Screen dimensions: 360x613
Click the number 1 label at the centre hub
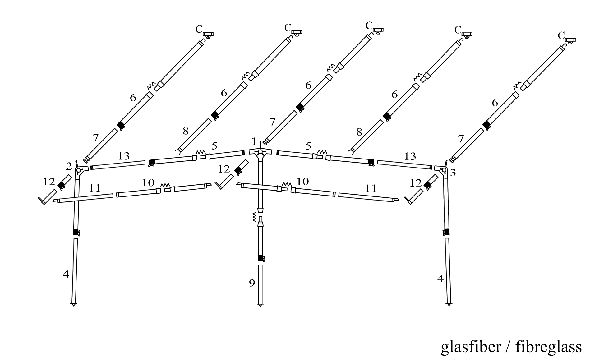pos(254,142)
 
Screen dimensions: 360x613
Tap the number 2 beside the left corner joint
pos(69,167)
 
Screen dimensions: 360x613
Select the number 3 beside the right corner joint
pos(453,173)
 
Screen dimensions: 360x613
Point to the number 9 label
pos(252,283)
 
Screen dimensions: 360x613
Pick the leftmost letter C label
pos(199,29)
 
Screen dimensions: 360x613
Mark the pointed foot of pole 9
pos(260,305)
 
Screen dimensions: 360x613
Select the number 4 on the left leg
pos(66,274)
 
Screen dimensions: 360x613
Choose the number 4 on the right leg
pos(440,279)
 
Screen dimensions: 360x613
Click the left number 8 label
pos(186,131)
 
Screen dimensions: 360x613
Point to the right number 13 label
pos(410,156)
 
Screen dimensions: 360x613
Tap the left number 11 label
pos(94,188)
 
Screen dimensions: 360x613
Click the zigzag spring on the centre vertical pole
pos(255,217)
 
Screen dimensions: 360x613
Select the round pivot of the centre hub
pos(260,152)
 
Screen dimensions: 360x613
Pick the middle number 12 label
pos(224,169)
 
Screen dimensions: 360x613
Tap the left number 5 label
pos(214,145)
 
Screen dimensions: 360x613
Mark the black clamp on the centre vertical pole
pos(261,258)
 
